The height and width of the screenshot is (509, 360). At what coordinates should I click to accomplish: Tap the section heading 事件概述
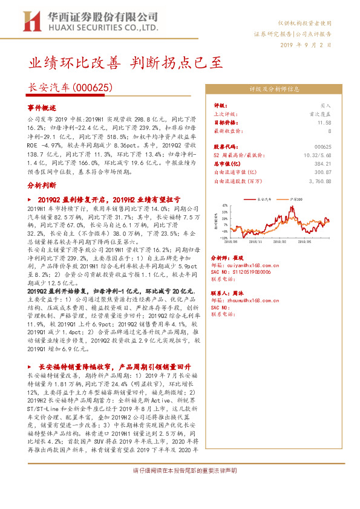tap(41, 107)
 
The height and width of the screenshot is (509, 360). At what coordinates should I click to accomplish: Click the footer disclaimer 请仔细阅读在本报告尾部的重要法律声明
tap(185, 470)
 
